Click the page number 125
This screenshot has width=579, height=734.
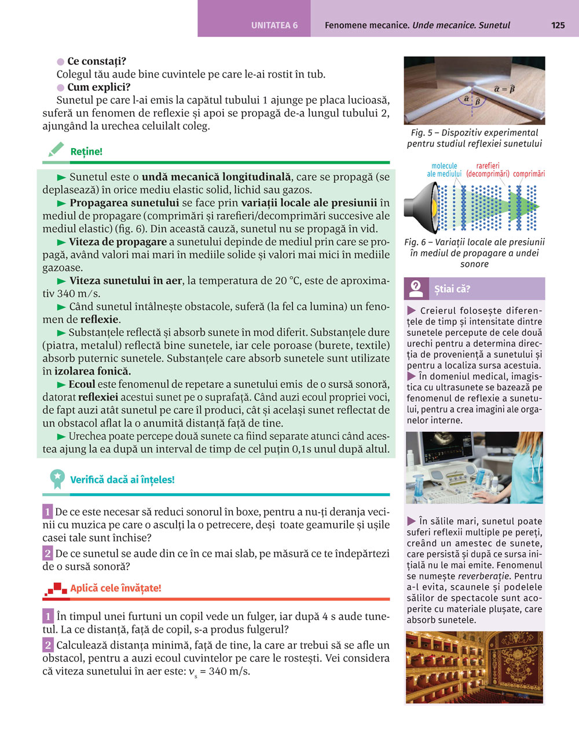(x=558, y=25)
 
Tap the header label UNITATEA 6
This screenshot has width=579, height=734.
(x=274, y=25)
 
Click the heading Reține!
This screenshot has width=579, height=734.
(x=86, y=152)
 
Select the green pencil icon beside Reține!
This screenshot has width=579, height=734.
(x=56, y=150)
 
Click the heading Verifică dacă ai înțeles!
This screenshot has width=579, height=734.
(x=122, y=479)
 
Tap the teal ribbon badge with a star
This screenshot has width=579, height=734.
(x=57, y=479)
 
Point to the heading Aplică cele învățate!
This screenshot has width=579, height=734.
(x=116, y=588)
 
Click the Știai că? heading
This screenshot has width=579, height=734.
(x=452, y=289)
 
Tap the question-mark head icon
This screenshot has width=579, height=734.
(x=416, y=288)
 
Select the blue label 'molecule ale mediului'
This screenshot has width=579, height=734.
(x=444, y=170)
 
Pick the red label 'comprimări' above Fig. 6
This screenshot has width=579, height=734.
(x=529, y=174)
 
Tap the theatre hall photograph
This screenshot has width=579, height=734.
(x=474, y=667)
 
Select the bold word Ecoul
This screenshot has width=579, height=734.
(x=82, y=384)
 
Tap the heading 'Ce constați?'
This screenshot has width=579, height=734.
(x=96, y=61)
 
